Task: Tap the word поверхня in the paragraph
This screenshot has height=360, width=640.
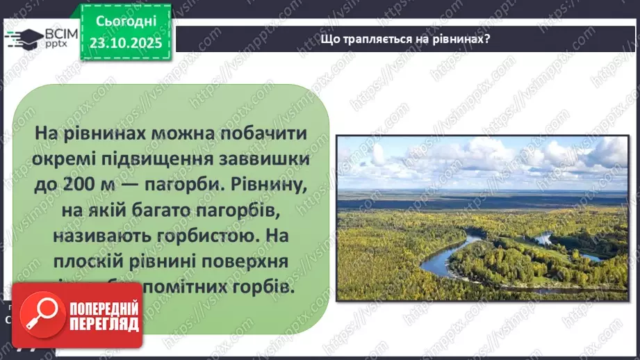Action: (261, 261)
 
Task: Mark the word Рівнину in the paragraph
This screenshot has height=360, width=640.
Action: (268, 185)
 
